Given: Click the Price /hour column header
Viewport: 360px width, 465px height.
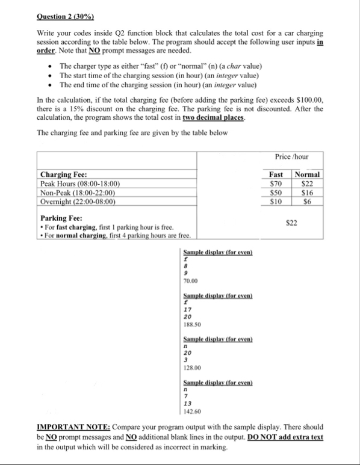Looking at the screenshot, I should tap(291, 156).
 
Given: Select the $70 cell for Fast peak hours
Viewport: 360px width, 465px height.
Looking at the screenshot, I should tap(277, 183).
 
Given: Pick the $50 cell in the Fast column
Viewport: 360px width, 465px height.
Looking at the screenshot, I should tap(277, 192).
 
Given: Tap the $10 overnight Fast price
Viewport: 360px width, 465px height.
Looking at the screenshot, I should tap(277, 201).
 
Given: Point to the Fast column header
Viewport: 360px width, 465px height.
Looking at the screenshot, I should tap(277, 174).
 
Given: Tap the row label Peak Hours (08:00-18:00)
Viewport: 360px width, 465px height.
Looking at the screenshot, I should tap(80, 183).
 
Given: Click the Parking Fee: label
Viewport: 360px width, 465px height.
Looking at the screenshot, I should tap(61, 218).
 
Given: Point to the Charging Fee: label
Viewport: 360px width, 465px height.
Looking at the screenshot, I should tap(63, 174).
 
